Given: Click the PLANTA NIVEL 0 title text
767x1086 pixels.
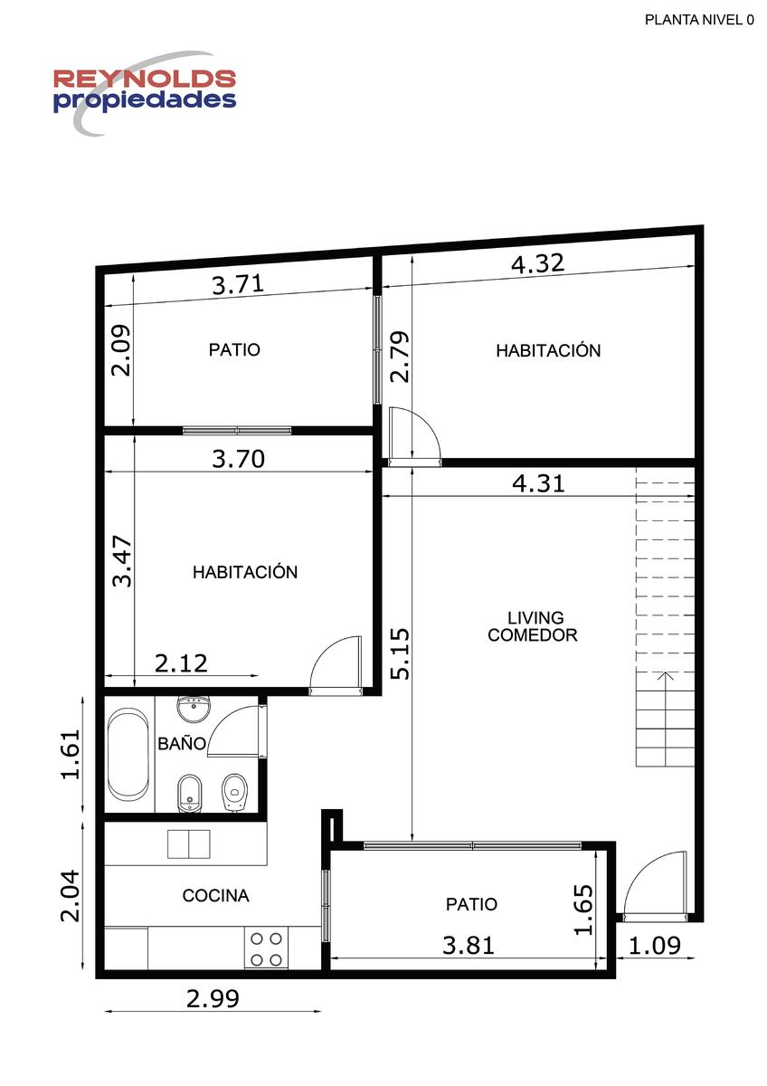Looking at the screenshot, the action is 699,20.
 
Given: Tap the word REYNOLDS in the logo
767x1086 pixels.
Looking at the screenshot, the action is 145,79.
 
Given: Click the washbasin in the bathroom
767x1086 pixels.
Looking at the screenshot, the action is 194,709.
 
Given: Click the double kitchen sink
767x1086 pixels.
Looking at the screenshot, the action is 189,844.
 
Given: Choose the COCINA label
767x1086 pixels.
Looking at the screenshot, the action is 215,895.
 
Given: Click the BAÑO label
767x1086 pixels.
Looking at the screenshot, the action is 182,743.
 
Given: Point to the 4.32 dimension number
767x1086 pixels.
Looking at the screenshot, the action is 538,263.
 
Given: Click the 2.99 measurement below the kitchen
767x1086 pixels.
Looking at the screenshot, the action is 213,999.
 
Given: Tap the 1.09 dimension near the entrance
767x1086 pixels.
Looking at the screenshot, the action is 655,946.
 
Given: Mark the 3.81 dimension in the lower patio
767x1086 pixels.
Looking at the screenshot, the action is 469,946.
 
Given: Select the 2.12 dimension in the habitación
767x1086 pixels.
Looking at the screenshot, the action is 181,663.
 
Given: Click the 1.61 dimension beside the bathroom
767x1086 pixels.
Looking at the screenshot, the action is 70,754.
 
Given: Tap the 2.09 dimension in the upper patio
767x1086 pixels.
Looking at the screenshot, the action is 120,350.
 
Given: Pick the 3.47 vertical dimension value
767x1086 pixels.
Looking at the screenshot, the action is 121,561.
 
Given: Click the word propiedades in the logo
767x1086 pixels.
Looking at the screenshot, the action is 145,100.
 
